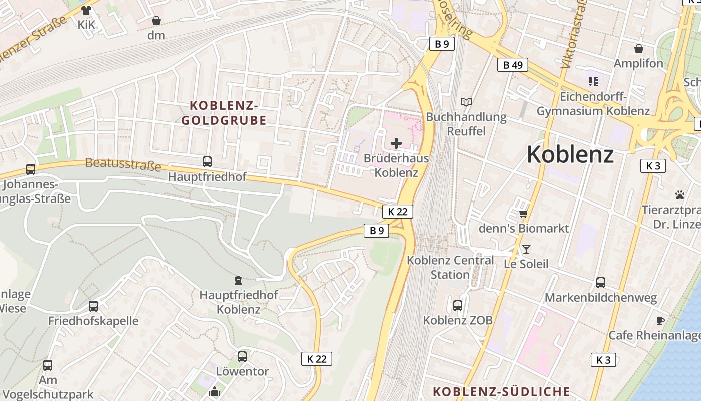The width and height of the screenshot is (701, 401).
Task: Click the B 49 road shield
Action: tap(513, 65)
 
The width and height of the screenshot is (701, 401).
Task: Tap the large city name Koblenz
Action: tap(570, 154)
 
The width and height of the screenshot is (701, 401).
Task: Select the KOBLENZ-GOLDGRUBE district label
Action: tap(224, 113)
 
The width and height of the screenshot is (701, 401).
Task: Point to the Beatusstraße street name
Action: tap(123, 164)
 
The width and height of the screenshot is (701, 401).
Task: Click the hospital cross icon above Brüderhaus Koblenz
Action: tap(396, 143)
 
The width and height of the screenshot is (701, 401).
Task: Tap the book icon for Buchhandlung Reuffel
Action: tap(466, 102)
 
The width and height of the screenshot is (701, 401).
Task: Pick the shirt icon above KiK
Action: tap(86, 10)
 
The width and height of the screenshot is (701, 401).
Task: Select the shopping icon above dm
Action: tap(156, 21)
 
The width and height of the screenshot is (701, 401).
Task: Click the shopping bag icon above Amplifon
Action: tap(639, 49)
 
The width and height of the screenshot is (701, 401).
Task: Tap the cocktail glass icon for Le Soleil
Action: tap(526, 249)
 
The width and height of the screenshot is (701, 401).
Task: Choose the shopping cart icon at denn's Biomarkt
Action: tap(524, 214)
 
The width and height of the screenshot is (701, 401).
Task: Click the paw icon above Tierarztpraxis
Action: tap(679, 195)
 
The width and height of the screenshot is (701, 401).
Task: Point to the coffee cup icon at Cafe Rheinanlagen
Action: tap(660, 321)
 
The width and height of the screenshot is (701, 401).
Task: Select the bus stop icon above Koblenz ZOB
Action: tap(458, 305)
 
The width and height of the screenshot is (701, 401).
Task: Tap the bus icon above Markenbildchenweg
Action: tap(601, 283)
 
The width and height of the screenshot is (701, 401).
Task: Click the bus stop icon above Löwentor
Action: tap(242, 356)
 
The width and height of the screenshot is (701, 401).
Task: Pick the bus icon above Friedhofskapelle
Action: tap(93, 306)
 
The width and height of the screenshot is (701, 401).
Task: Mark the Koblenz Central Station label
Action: tap(450, 267)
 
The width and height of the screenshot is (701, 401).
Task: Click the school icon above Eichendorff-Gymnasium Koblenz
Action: tap(593, 81)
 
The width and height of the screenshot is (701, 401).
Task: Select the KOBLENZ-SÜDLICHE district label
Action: tap(502, 391)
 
